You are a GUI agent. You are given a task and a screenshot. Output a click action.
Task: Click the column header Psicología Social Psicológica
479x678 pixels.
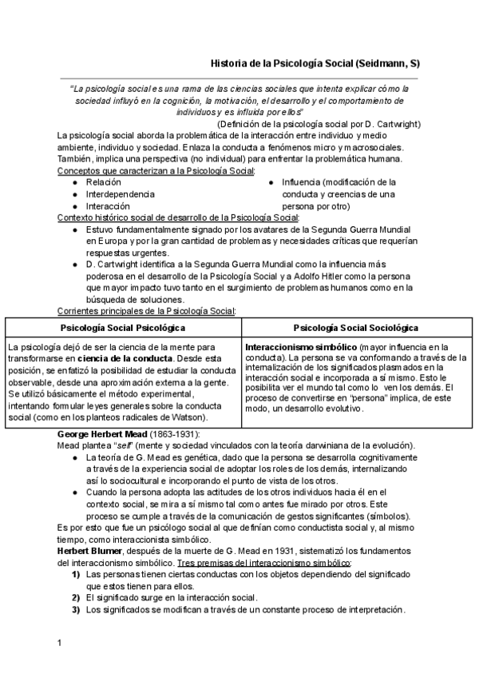click(124, 328)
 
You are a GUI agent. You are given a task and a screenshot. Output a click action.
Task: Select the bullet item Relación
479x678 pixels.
click(104, 183)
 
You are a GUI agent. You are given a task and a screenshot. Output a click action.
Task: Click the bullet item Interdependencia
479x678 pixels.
click(121, 194)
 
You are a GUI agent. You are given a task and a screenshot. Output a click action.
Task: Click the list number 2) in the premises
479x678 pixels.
click(75, 597)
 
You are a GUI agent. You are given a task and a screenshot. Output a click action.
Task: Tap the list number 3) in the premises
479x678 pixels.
click(75, 609)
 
